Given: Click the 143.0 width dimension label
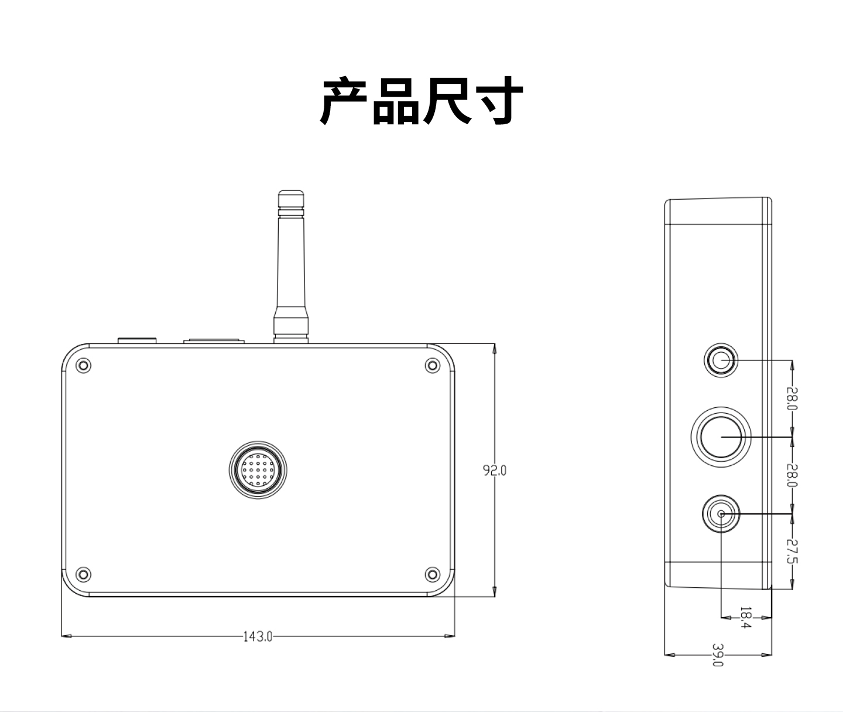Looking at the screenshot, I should [x=258, y=636].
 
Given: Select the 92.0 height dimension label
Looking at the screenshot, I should [x=495, y=470].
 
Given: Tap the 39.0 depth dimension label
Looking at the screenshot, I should [x=718, y=655].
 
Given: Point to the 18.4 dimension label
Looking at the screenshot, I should [x=746, y=618].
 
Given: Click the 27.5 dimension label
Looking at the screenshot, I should [x=791, y=551].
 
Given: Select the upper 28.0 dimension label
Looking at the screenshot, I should [x=791, y=398].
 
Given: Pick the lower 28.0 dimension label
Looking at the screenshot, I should [x=791, y=475].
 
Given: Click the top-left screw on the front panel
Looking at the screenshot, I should [x=84, y=366].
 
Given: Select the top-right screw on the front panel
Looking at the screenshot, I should [x=432, y=366].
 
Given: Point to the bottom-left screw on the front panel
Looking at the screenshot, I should [x=84, y=574].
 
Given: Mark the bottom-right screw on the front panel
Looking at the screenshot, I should [x=432, y=574].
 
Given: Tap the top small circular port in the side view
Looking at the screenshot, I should [x=720, y=360].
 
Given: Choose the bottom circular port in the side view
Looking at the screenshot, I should [x=721, y=514].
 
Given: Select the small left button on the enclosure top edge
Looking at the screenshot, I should [x=138, y=340].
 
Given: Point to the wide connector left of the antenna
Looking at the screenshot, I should [x=214, y=340].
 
